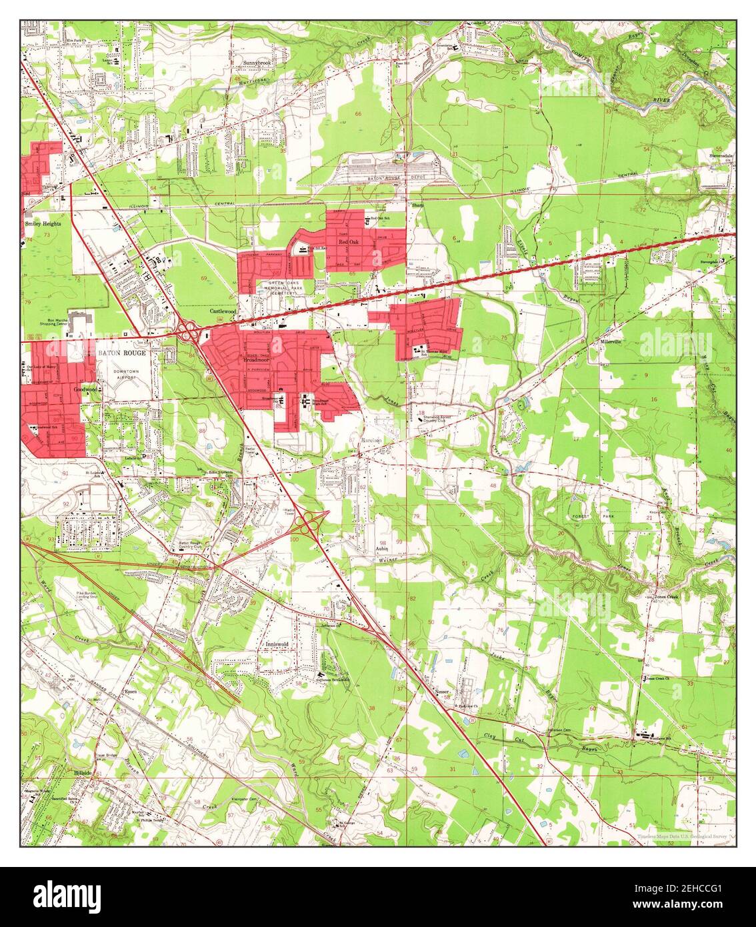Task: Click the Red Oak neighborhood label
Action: point(349,243)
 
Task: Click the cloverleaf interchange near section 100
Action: point(308,524)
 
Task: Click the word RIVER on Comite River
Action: point(659,105)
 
